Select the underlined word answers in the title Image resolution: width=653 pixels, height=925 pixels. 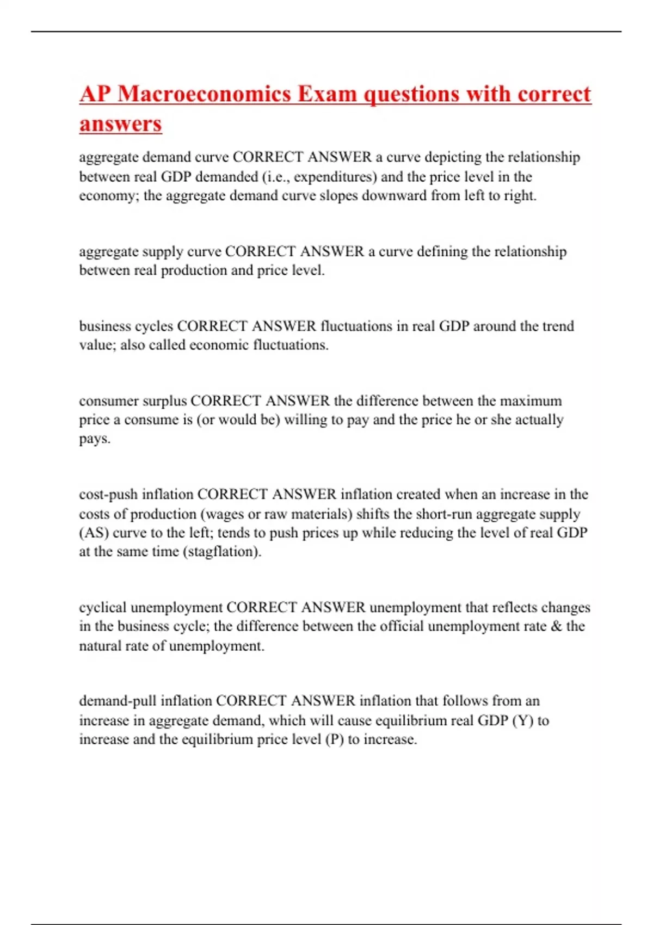coord(120,124)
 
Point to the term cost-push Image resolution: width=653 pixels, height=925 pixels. coord(108,495)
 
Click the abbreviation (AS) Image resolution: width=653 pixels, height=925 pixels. coord(94,533)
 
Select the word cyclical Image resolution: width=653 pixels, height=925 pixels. coord(103,607)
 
